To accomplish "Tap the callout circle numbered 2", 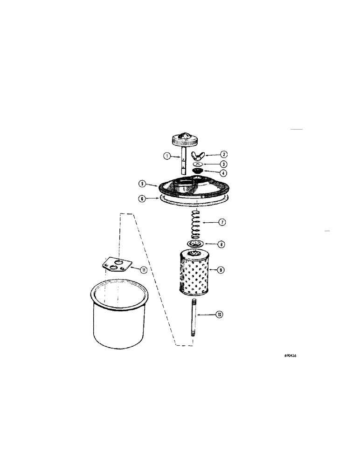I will coord(224,154).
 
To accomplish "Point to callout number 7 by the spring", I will coord(222,222).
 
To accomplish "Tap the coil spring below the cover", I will coord(196,223).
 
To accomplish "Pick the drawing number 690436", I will coord(291,355).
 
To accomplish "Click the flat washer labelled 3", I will coord(198,164).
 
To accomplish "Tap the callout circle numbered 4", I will coord(224,173).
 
